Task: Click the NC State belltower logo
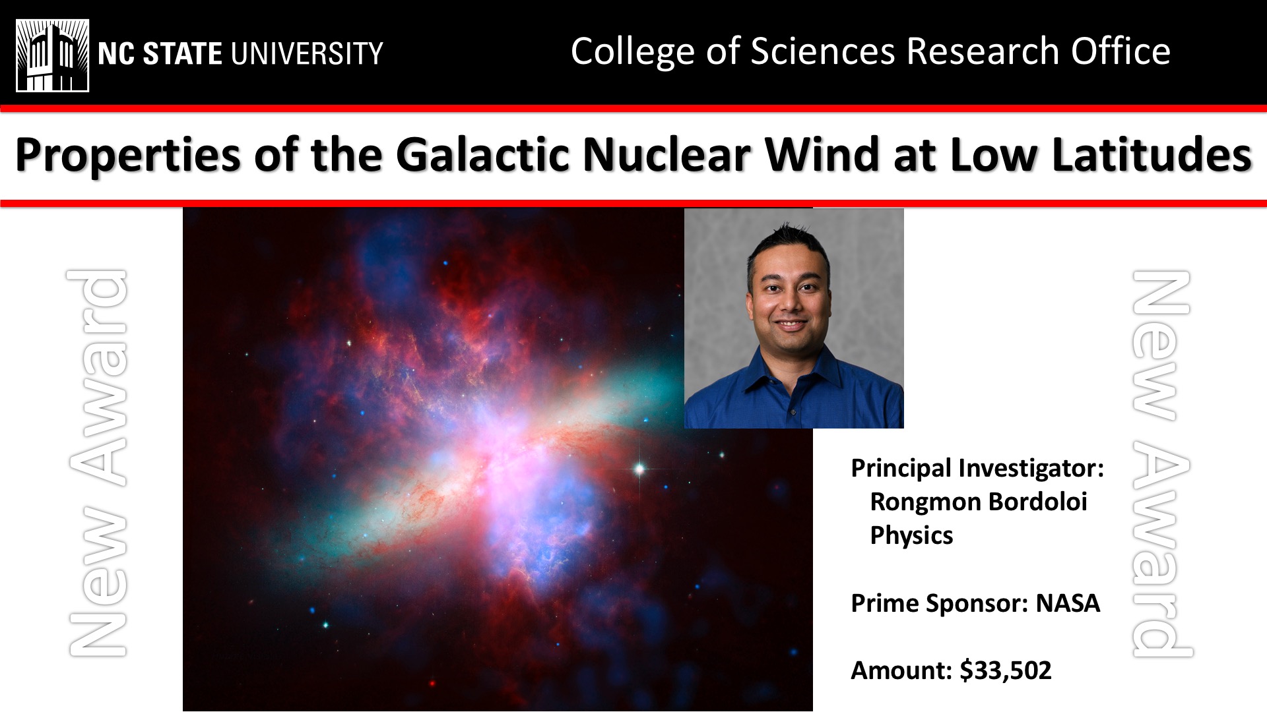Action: tap(53, 55)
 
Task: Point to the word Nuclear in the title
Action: tap(666, 156)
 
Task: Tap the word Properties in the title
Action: tap(128, 157)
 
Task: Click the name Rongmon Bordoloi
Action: tap(979, 502)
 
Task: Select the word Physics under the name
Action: tap(911, 536)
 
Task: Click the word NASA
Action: tap(1068, 603)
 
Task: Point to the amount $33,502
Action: tap(1006, 670)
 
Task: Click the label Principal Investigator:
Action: tap(977, 469)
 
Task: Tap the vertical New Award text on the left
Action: tap(98, 463)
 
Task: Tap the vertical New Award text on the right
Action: tap(1162, 463)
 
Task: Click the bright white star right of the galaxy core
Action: tap(639, 469)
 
